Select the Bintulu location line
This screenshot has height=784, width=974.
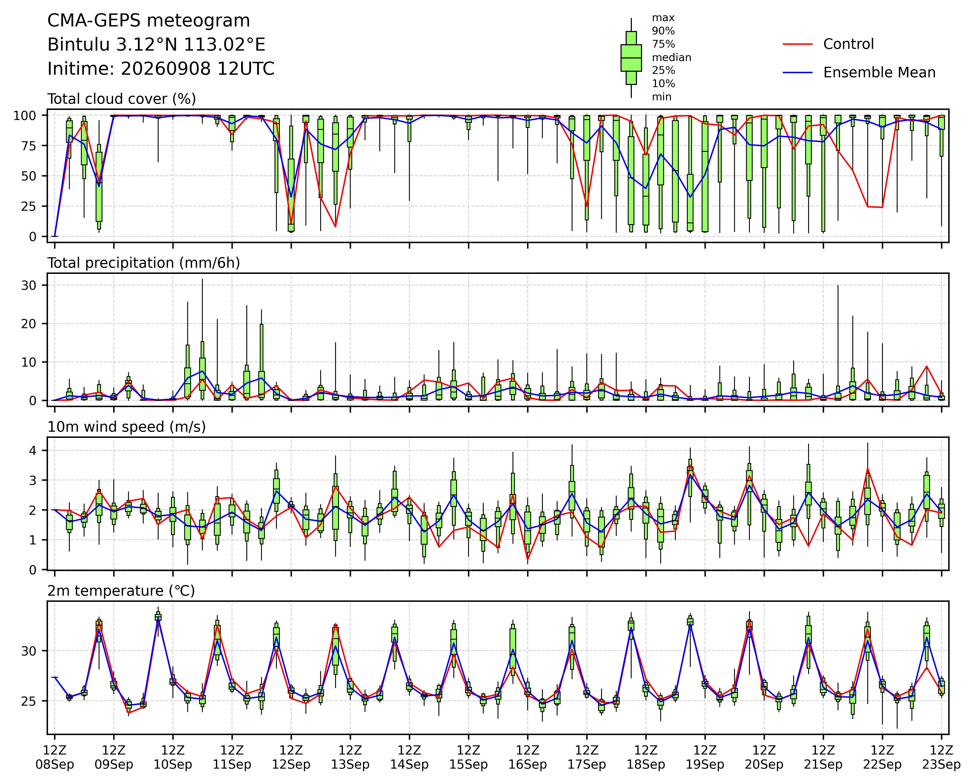pyautogui.click(x=156, y=45)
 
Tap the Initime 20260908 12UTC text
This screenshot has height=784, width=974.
pyautogui.click(x=161, y=69)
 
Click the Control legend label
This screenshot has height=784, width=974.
pyautogui.click(x=848, y=44)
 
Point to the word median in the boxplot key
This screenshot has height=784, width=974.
pyautogui.click(x=671, y=57)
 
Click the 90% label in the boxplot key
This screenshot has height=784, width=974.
pyautogui.click(x=663, y=31)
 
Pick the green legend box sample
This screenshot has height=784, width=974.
pyautogui.click(x=631, y=58)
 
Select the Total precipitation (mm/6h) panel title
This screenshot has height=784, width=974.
pyautogui.click(x=144, y=263)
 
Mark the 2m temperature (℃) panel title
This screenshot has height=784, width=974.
pyautogui.click(x=121, y=591)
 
